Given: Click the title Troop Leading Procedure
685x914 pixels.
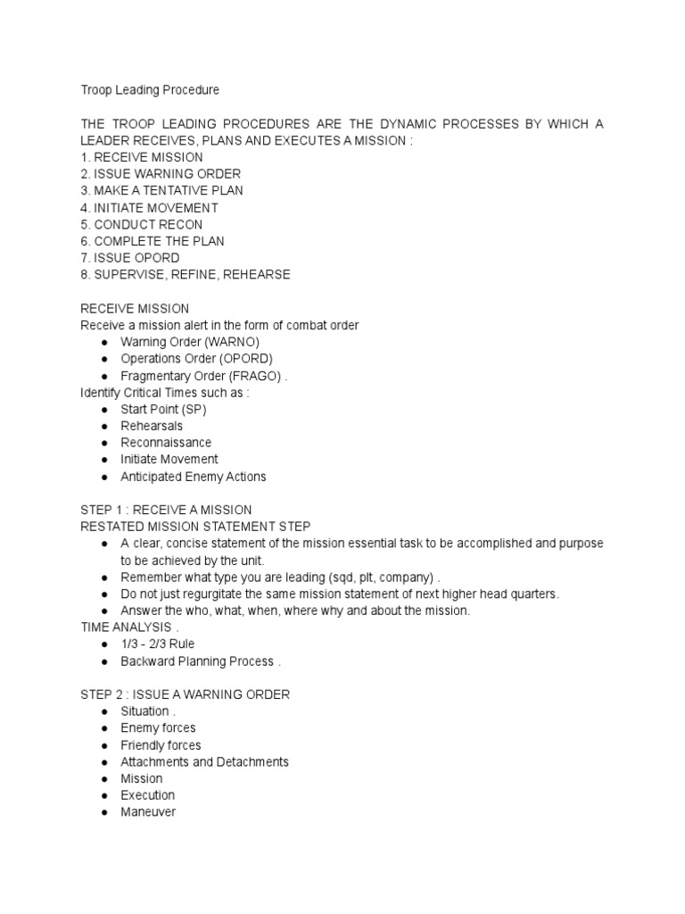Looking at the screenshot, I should pos(150,90).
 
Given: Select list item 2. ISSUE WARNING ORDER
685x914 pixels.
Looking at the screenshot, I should pos(161,174).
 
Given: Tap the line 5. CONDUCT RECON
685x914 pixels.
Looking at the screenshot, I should pos(141,224).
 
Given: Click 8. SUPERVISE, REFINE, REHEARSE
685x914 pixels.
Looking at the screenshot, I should pos(185,275).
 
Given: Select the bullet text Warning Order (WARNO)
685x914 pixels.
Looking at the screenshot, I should pos(190,342).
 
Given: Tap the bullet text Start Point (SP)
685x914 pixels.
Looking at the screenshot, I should pos(164,409).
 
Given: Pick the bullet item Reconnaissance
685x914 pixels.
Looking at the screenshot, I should pos(166,443).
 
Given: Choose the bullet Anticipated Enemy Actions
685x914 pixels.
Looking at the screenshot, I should pos(193,477).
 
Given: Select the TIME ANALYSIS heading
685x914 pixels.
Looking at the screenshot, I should pos(126,627).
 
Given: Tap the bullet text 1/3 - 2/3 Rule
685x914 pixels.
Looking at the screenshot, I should pos(157,644).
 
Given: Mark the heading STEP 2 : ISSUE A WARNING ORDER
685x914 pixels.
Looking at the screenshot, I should pos(185,694).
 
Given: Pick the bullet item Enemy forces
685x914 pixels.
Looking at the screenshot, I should pos(158,728).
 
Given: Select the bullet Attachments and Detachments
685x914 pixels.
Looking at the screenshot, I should pos(204,761).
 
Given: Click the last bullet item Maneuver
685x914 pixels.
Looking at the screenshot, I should pos(148,812).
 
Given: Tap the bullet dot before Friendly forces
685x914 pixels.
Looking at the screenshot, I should pos(105,745).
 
